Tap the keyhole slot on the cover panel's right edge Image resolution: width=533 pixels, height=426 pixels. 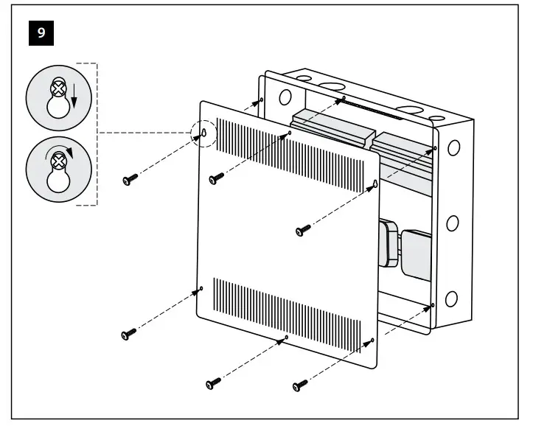pos(375,183)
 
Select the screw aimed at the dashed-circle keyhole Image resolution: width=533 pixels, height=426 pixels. pos(130,180)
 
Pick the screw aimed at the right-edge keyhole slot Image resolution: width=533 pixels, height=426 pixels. pos(302,231)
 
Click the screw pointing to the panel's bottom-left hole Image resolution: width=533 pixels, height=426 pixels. pos(128,335)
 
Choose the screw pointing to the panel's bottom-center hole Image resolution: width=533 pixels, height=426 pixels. pos(214,383)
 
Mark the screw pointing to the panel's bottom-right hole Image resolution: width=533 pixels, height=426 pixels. pos(300,385)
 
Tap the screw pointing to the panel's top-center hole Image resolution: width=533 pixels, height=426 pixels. pos(216,178)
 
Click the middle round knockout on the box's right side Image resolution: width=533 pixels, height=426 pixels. pos(452,223)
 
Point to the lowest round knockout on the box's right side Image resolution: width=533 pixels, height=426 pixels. pos(451,298)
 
